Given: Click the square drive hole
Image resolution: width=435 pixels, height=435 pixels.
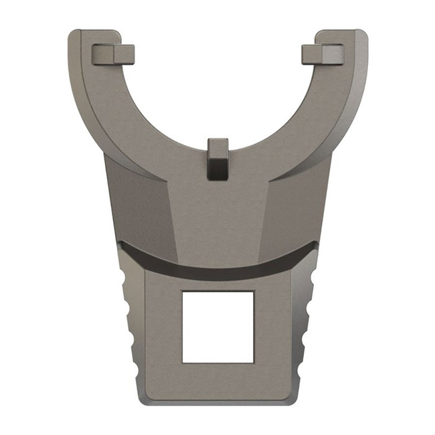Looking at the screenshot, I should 217,327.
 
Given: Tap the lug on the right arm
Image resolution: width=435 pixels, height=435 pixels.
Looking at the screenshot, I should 323,54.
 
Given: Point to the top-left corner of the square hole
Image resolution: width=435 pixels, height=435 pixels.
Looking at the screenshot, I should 183,292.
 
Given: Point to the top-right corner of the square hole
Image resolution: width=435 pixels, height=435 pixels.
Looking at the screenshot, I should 254,292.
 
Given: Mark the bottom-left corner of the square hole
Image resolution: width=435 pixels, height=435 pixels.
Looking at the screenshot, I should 183,363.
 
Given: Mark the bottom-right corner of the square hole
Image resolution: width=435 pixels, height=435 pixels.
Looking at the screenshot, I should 254,363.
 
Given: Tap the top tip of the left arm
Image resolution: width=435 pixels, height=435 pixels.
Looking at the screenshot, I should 84,33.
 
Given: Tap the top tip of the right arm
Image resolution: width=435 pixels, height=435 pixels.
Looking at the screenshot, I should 351,33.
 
